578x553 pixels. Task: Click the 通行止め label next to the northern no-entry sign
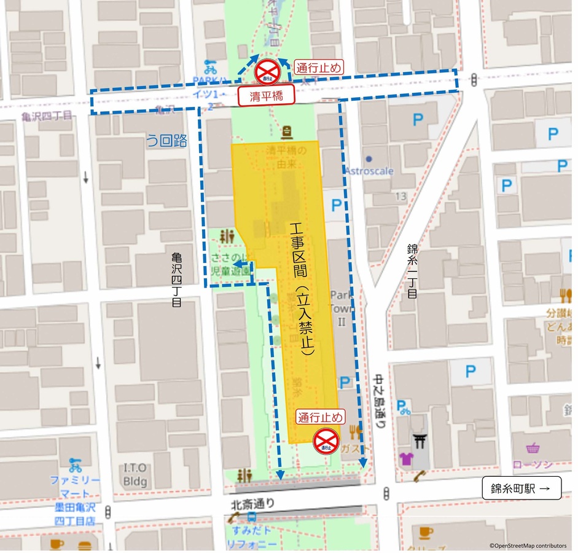click(x=319, y=67)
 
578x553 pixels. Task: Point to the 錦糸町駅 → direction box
click(x=521, y=488)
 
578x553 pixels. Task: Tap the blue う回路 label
click(x=166, y=140)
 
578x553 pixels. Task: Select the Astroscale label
click(x=369, y=171)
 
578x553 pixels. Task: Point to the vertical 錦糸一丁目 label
click(x=412, y=271)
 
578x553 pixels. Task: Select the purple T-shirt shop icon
click(x=407, y=458)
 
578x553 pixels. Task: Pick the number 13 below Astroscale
click(x=401, y=197)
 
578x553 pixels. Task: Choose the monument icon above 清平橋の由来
click(x=286, y=132)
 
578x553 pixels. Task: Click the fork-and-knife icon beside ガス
click(x=354, y=431)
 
